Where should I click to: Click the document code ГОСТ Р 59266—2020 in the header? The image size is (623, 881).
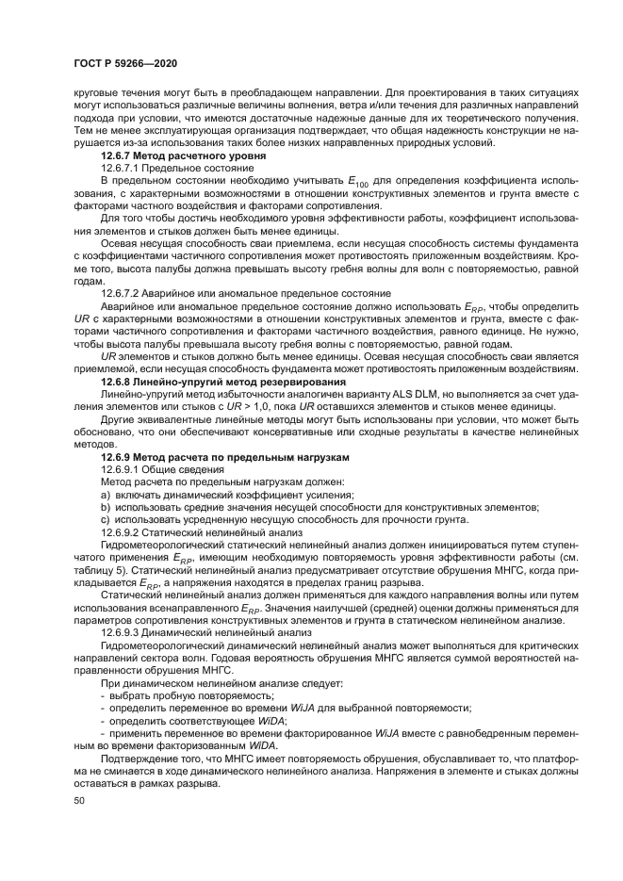(x=125, y=63)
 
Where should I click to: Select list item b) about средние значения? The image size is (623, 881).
(x=320, y=507)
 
